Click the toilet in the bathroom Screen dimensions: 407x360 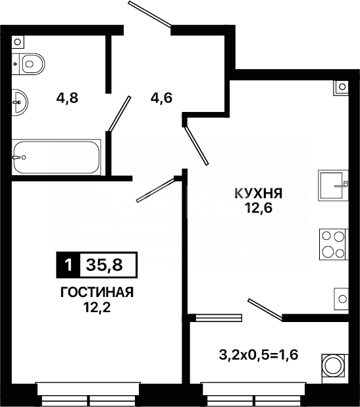[30, 64]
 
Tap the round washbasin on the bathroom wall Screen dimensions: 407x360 [20, 100]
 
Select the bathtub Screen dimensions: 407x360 [56, 157]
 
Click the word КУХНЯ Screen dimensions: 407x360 [259, 194]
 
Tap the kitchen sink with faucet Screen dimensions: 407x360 [332, 185]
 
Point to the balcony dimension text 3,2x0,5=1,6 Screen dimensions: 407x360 [257, 356]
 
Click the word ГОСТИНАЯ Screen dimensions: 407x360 [97, 293]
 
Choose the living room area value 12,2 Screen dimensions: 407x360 [97, 308]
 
